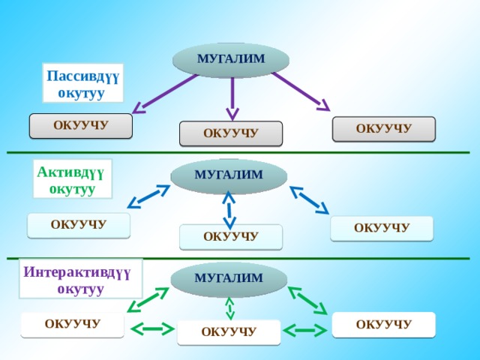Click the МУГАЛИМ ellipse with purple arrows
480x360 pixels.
(x=231, y=60)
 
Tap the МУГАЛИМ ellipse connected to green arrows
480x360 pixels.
(x=229, y=279)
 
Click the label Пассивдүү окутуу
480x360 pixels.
(x=82, y=83)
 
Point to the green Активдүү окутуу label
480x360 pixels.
(x=73, y=179)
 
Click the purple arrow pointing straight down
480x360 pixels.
(x=232, y=98)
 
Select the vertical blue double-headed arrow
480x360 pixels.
(x=229, y=210)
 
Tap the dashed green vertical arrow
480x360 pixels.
(x=229, y=308)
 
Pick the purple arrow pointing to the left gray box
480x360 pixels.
(x=165, y=94)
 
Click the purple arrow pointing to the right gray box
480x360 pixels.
(x=301, y=91)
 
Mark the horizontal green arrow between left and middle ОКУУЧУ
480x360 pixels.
(x=153, y=329)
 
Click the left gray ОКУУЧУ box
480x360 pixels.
(x=81, y=126)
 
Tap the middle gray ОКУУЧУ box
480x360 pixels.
(x=231, y=133)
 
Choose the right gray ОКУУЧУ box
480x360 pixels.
(x=384, y=129)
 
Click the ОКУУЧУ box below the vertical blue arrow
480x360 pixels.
(x=231, y=237)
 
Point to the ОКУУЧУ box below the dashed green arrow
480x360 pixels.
(x=229, y=332)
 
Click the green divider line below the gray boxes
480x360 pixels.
(x=238, y=152)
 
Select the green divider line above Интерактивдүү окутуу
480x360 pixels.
(x=238, y=258)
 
